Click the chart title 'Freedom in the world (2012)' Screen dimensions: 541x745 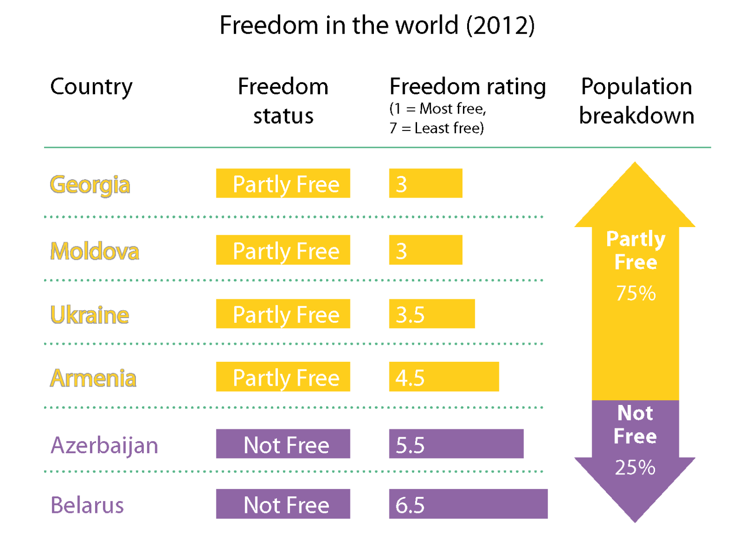click(x=377, y=25)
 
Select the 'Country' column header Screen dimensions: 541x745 click(x=91, y=87)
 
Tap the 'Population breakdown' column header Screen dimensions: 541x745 click(x=636, y=101)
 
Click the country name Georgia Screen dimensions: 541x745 click(x=90, y=184)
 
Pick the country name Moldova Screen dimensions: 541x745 click(x=95, y=251)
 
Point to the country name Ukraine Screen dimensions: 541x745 click(x=89, y=315)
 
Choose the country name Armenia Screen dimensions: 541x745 click(x=93, y=378)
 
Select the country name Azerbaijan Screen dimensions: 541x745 click(x=104, y=445)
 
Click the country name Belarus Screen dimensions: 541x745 click(x=87, y=505)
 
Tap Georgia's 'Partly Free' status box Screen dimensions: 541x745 click(x=283, y=183)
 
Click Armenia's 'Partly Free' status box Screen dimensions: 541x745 click(x=283, y=377)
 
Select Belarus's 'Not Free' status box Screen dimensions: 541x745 click(x=283, y=504)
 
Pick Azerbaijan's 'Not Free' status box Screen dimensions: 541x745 click(x=283, y=444)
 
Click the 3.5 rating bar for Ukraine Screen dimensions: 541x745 click(x=432, y=314)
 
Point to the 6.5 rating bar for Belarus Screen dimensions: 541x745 click(x=468, y=504)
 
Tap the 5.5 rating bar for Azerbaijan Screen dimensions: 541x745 click(x=456, y=444)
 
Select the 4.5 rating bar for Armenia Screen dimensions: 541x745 click(x=444, y=377)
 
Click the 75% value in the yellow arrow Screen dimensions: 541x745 click(x=636, y=293)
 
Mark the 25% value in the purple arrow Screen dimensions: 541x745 click(x=635, y=467)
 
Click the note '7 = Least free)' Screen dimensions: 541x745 click(x=436, y=128)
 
